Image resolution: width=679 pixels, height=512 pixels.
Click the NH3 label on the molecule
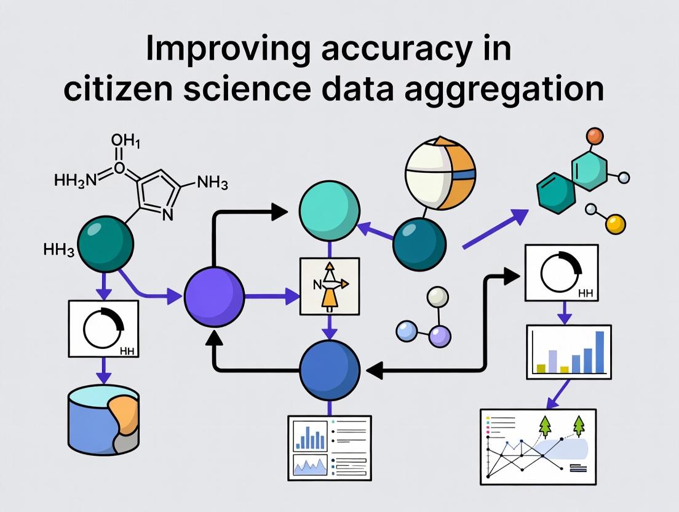(x=212, y=183)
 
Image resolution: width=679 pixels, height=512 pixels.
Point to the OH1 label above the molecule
(x=125, y=142)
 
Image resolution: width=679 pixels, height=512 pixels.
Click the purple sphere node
(x=214, y=296)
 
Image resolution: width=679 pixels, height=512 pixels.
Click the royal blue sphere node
(x=329, y=370)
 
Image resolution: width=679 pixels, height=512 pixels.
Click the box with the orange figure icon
(x=330, y=286)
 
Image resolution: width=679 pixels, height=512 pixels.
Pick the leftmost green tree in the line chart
(x=545, y=425)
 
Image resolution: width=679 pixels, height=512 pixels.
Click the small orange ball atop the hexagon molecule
(x=594, y=136)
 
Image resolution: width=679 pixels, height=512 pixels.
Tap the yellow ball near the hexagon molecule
(x=615, y=224)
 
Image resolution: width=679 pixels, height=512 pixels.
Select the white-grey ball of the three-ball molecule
(x=437, y=298)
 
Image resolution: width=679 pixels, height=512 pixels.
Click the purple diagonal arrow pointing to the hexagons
(x=494, y=229)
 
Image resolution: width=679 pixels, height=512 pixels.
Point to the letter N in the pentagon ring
(x=168, y=214)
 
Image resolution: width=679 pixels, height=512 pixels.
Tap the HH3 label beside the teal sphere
(x=59, y=250)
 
